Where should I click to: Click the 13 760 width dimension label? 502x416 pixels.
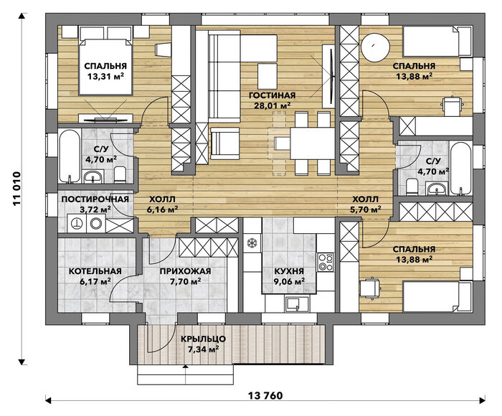click(x=265, y=395)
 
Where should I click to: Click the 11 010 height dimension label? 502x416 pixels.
click(x=17, y=189)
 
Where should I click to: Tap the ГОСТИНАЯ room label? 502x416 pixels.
click(x=272, y=95)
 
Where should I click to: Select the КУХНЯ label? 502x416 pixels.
click(x=289, y=271)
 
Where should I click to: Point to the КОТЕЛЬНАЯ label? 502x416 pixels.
click(x=95, y=271)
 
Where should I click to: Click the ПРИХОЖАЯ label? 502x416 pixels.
click(x=185, y=271)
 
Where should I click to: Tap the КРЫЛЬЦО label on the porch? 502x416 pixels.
click(x=203, y=339)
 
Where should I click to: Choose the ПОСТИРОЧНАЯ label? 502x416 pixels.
click(x=95, y=199)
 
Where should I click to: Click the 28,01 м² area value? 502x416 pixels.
click(x=272, y=105)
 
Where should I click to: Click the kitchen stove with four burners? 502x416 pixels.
click(x=326, y=262)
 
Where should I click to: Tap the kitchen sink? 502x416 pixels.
click(x=293, y=303)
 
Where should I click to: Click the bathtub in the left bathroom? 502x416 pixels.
click(x=70, y=156)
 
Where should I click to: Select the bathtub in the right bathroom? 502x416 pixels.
click(x=460, y=168)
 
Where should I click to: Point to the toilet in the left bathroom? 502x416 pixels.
click(x=120, y=174)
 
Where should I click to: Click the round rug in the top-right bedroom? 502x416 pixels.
click(x=376, y=47)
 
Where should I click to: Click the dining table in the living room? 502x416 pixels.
click(x=313, y=143)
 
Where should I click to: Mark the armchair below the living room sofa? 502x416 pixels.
click(x=224, y=143)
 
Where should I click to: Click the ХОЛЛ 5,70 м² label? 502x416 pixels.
click(x=365, y=204)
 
